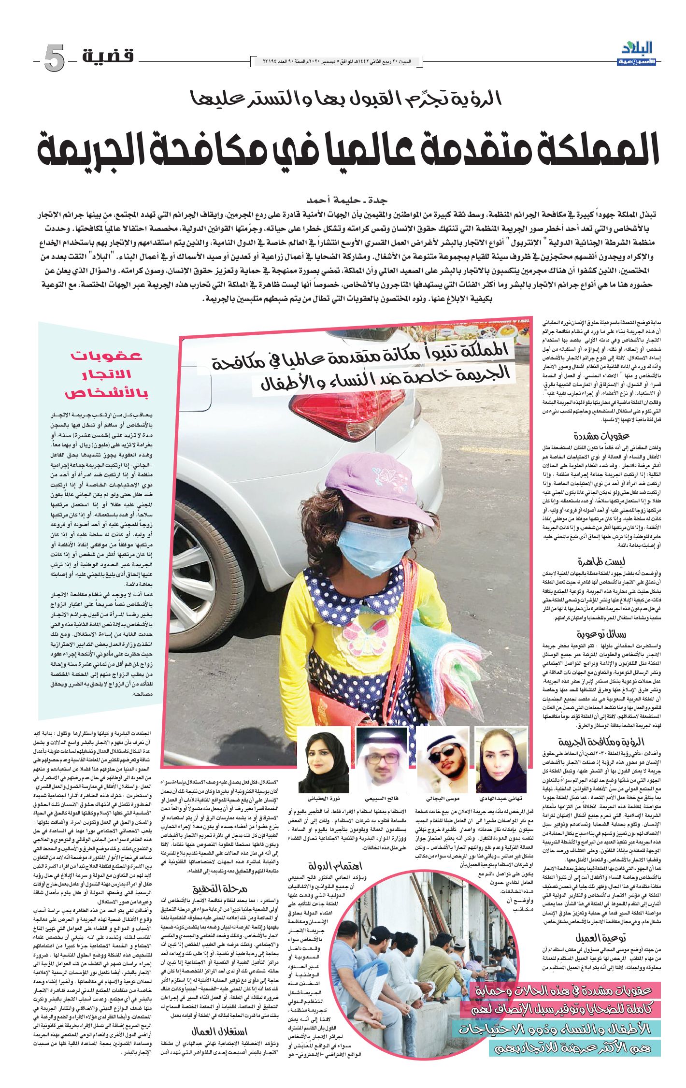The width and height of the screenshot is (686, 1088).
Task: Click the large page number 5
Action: click(x=54, y=59)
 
